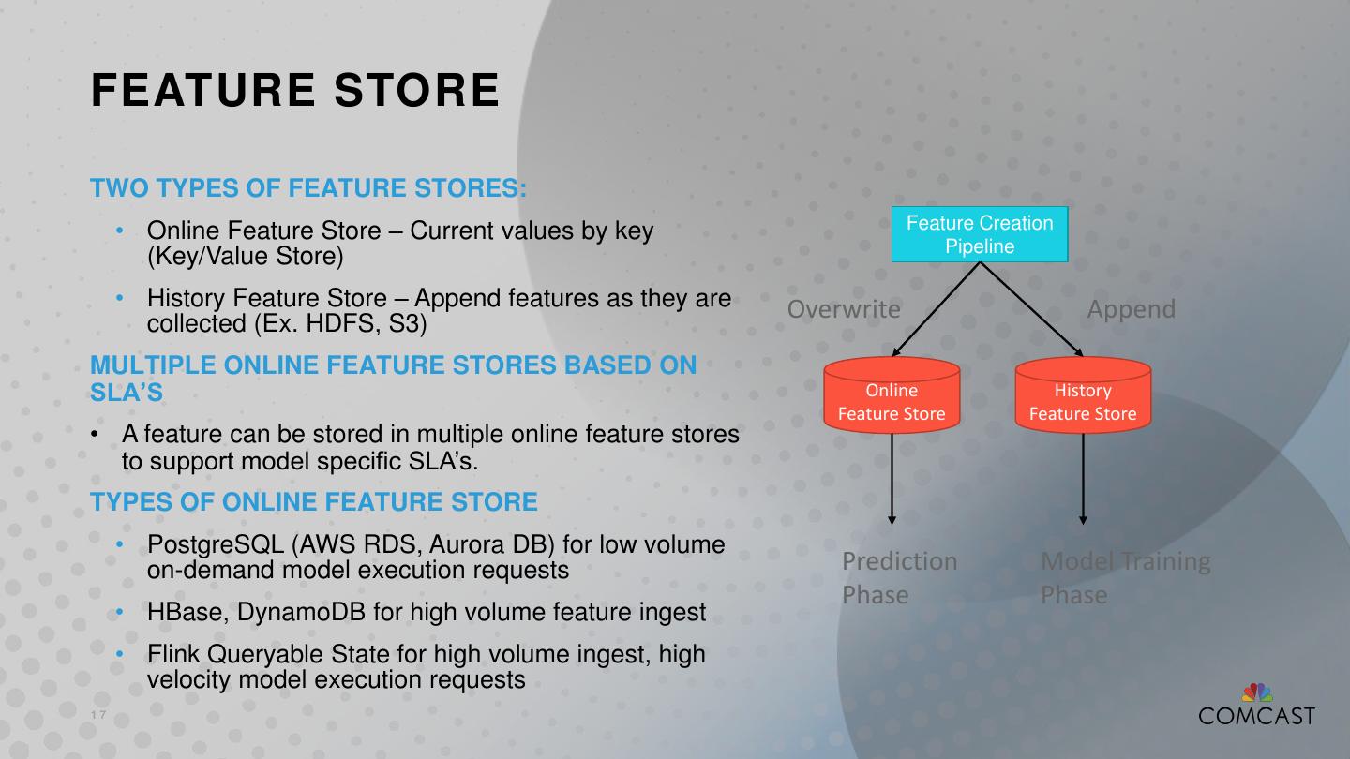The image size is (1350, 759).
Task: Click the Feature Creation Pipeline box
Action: pos(980,234)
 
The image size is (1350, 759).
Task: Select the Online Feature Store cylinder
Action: pos(892,397)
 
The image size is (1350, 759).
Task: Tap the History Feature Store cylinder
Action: pos(1083,397)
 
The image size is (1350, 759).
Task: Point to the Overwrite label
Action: pos(844,309)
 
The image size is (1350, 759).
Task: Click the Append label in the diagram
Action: pos(1131,309)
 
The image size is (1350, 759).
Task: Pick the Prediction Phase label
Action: pos(898,577)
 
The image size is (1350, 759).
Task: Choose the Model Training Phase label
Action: pos(1125,577)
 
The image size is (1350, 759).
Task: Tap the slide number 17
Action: pos(98,716)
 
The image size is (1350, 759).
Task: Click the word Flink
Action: pos(172,654)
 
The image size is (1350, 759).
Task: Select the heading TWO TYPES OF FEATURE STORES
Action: pos(308,188)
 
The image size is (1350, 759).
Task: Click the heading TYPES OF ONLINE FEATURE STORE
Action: pos(314,502)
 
